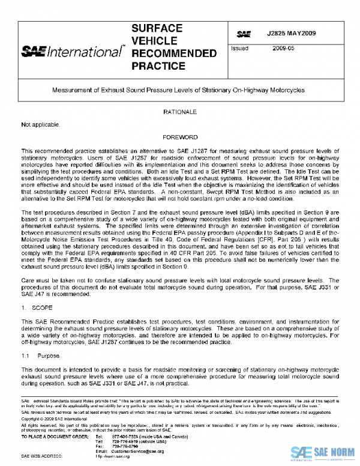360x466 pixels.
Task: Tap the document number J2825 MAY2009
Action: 291,33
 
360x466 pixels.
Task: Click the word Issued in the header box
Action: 239,49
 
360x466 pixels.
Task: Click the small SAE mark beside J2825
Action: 244,34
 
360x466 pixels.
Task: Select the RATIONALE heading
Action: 179,112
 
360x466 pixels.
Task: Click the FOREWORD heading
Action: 179,138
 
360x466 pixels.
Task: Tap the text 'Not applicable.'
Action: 41,125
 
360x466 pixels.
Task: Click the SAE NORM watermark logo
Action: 323,452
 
